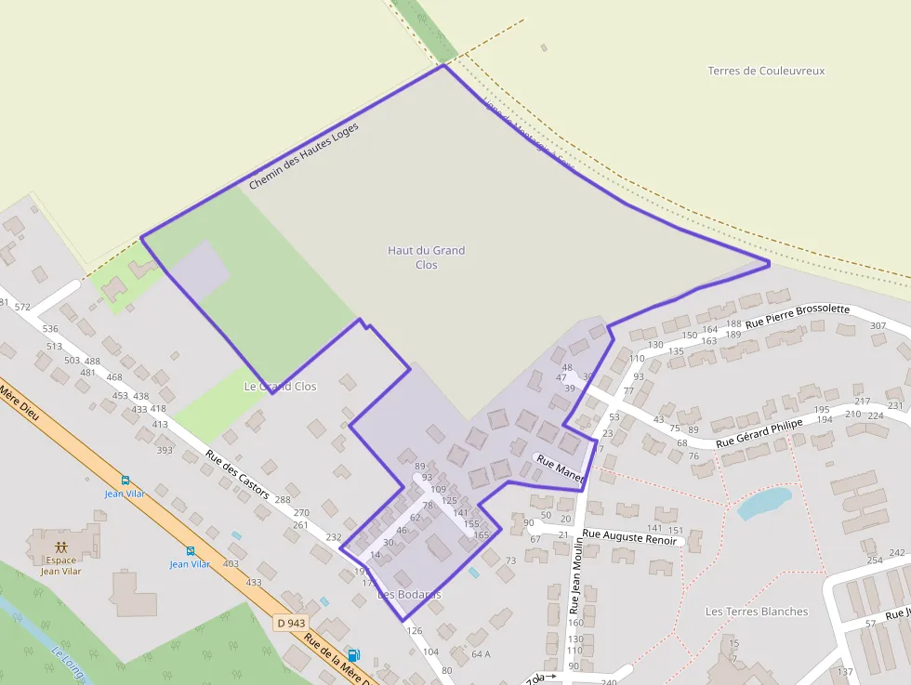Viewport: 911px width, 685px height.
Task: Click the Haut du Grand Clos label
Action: point(426,257)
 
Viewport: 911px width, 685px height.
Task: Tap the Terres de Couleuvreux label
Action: point(766,71)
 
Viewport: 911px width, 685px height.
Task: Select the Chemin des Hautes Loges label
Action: point(303,156)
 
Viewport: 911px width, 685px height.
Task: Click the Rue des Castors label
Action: point(237,474)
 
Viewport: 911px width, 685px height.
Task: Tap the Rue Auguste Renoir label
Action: point(629,537)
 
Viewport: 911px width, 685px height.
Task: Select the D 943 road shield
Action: point(291,622)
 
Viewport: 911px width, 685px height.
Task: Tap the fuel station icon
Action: point(353,655)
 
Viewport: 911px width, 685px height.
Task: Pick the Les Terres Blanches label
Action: point(757,612)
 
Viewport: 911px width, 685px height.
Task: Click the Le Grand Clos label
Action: point(280,386)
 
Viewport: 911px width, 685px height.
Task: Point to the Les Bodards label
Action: point(409,594)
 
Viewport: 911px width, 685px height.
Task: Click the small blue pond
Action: point(763,503)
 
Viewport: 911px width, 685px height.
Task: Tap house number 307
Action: point(878,326)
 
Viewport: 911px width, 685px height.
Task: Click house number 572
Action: point(23,308)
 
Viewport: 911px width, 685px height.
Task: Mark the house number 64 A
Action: point(481,654)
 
